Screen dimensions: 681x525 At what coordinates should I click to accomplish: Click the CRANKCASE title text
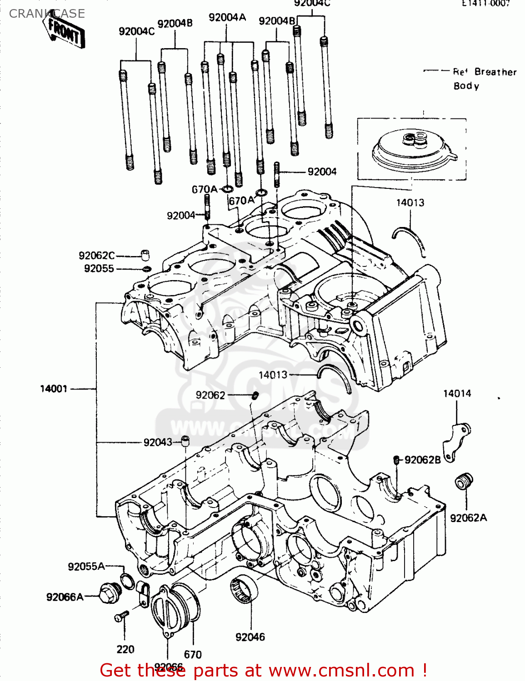pyautogui.click(x=47, y=14)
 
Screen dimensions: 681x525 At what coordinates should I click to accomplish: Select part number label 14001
pyautogui.click(x=54, y=389)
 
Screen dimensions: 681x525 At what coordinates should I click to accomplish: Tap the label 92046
pyautogui.click(x=250, y=637)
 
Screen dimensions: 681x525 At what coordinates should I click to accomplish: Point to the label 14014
pyautogui.click(x=457, y=394)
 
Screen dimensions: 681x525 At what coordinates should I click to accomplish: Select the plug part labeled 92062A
pyautogui.click(x=464, y=481)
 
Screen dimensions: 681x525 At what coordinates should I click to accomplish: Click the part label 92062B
pyautogui.click(x=422, y=460)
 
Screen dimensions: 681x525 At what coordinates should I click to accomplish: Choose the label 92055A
pyautogui.click(x=86, y=566)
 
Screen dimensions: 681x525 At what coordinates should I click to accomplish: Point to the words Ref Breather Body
pyautogui.click(x=484, y=79)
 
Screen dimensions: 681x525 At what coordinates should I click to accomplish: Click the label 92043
pyautogui.click(x=158, y=442)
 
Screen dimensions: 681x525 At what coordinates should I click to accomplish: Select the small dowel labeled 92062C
pyautogui.click(x=145, y=255)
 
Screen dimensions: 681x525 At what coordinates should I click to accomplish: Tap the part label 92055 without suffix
pyautogui.click(x=99, y=269)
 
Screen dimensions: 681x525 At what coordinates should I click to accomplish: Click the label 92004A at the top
pyautogui.click(x=227, y=18)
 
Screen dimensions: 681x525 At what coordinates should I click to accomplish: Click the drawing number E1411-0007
pyautogui.click(x=486, y=4)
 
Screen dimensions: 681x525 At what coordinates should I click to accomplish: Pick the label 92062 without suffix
pyautogui.click(x=210, y=395)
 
